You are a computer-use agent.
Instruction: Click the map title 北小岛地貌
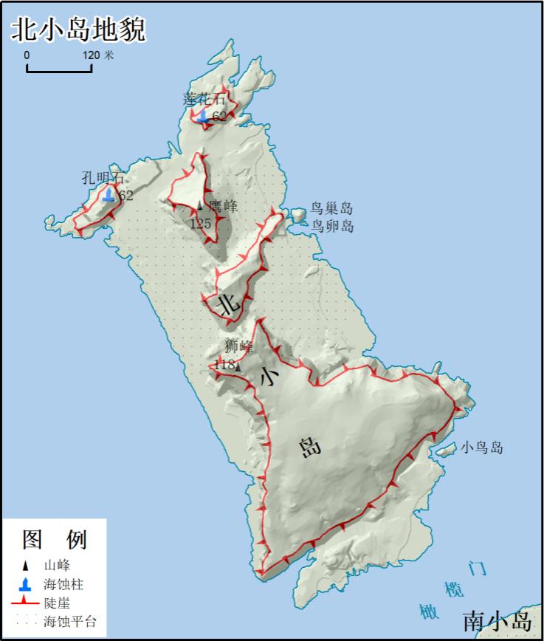point(78,30)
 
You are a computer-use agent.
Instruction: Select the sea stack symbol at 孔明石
point(109,194)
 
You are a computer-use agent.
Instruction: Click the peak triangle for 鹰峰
point(199,205)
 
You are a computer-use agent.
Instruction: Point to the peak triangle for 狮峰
point(238,366)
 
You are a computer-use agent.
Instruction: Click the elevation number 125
point(201,223)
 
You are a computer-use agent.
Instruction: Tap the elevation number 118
point(223,365)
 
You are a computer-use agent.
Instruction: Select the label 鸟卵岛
point(331,226)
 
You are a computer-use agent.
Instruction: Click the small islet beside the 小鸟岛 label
point(444,449)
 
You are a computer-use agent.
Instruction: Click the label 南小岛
point(497,620)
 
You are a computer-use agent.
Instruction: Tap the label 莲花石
point(204,99)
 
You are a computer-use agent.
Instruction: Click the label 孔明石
point(103,178)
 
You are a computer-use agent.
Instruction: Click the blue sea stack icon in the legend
point(26,585)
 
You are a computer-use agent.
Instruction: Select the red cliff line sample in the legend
point(26,603)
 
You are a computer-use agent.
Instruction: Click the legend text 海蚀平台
point(70,621)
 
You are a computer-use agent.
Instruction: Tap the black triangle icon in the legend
point(26,566)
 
